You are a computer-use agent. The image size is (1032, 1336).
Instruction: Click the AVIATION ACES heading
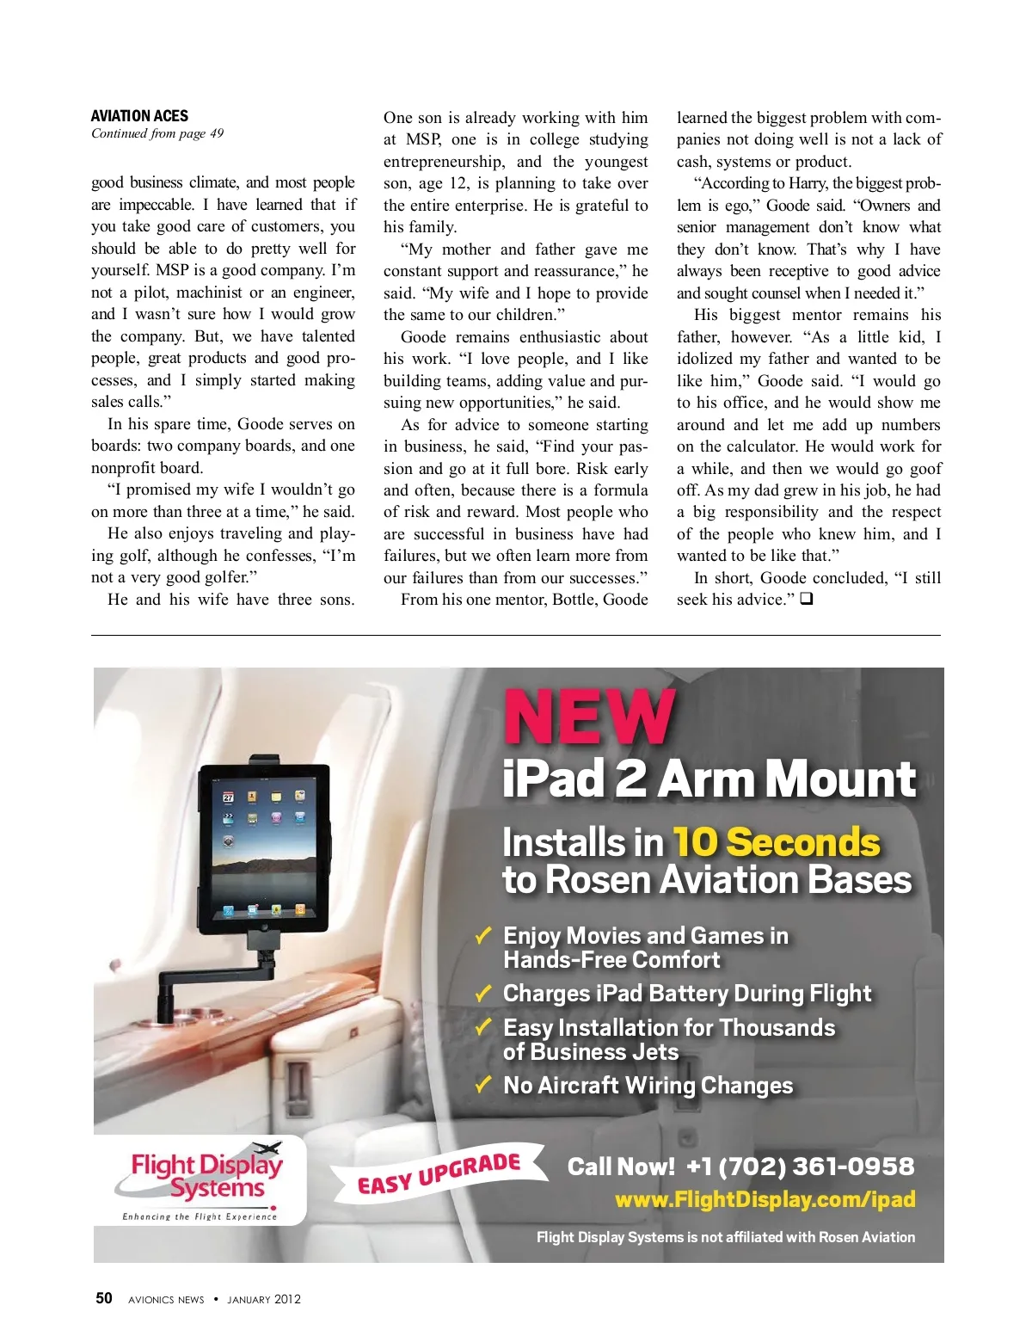point(139,116)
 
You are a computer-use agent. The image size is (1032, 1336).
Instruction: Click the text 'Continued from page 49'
point(157,133)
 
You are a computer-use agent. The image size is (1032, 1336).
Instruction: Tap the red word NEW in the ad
point(588,716)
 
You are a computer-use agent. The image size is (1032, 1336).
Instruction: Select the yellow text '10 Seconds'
point(777,842)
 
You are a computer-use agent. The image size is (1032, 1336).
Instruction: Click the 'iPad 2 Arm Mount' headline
point(709,779)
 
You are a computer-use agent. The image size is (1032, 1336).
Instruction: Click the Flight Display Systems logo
point(206,1176)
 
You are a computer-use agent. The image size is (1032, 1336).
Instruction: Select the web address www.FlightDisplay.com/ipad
point(765,1199)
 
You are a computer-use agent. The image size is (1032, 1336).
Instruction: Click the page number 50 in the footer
point(104,1298)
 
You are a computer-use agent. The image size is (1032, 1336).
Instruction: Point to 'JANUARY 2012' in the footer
point(264,1299)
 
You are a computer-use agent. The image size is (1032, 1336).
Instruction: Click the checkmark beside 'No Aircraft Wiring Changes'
point(484,1084)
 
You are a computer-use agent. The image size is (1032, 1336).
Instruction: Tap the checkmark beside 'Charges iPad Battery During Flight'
point(484,993)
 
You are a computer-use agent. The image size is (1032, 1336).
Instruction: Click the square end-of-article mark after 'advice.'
point(806,600)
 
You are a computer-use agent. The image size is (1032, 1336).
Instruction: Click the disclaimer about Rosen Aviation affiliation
point(725,1237)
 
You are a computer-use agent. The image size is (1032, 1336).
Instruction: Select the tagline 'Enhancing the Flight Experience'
point(200,1216)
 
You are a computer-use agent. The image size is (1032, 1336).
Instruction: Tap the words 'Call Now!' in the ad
point(621,1167)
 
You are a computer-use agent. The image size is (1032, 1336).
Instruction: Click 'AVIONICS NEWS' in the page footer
point(166,1299)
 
